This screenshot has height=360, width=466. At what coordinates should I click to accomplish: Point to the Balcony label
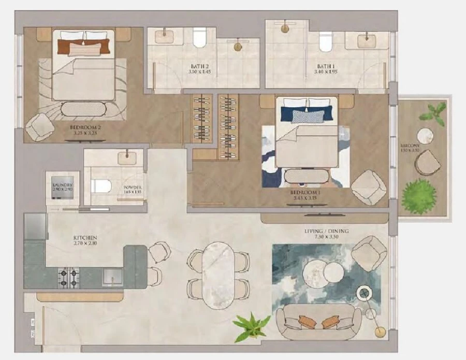[410, 146]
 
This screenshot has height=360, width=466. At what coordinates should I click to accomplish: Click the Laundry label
[63, 185]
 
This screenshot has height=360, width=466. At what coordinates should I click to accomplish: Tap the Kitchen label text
[85, 238]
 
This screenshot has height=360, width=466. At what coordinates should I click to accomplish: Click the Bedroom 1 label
[305, 190]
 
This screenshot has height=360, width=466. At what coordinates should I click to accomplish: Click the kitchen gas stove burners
[68, 278]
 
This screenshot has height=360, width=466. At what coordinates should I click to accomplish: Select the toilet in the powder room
[101, 185]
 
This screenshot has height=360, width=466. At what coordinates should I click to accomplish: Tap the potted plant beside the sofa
[251, 326]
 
